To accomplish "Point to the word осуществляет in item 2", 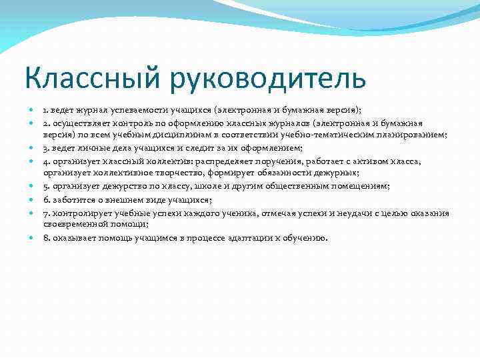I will (x=75, y=123).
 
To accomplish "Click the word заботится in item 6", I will (x=69, y=199).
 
